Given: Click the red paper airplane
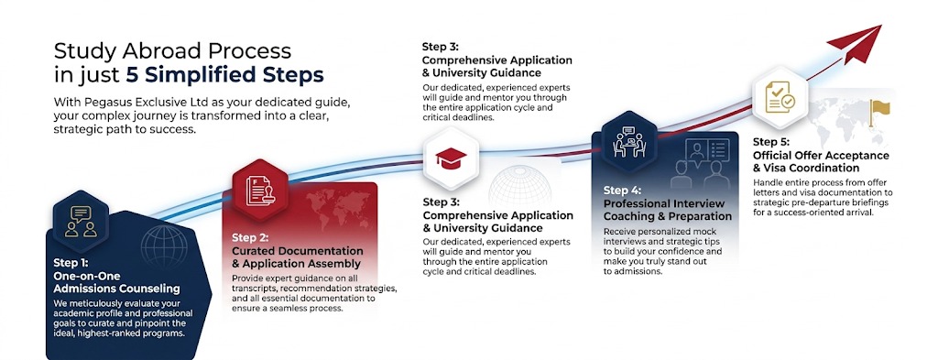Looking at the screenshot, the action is pos(857,42).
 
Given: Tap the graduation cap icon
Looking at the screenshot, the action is pos(451,158).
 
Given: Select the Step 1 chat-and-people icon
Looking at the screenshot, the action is pos(81,222).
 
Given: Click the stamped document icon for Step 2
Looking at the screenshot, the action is pos(260,191).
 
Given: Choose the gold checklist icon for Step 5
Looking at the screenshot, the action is pos(780,96).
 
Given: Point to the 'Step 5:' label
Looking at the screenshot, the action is pos(771,142).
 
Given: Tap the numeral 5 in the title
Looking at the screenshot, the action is pos(131,75).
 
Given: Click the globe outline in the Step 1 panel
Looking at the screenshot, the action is pos(164,245).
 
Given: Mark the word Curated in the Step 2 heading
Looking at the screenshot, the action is pos(254,251).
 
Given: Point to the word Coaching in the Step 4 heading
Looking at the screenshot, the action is pos(628,216).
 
